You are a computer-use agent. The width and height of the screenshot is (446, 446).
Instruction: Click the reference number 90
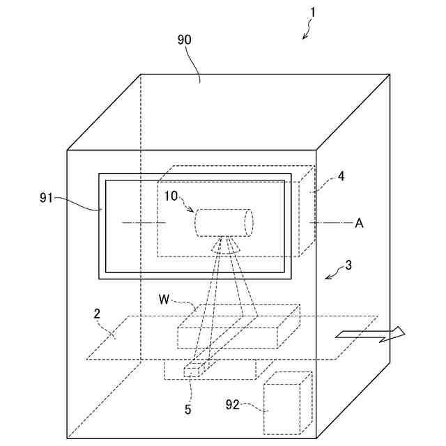pos(185,40)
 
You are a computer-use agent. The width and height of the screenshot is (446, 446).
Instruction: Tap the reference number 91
pos(47,198)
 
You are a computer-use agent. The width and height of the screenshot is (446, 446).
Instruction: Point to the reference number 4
pos(341,177)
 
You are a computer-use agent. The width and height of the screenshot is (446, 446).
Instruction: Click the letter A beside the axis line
pos(359,223)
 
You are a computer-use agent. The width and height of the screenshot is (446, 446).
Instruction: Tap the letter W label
pos(164,300)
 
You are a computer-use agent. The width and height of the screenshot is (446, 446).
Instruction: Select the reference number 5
pos(187,409)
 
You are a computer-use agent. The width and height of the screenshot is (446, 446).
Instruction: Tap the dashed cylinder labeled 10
pos(223,223)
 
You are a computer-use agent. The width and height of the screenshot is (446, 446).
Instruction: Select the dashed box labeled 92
pos(287,403)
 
